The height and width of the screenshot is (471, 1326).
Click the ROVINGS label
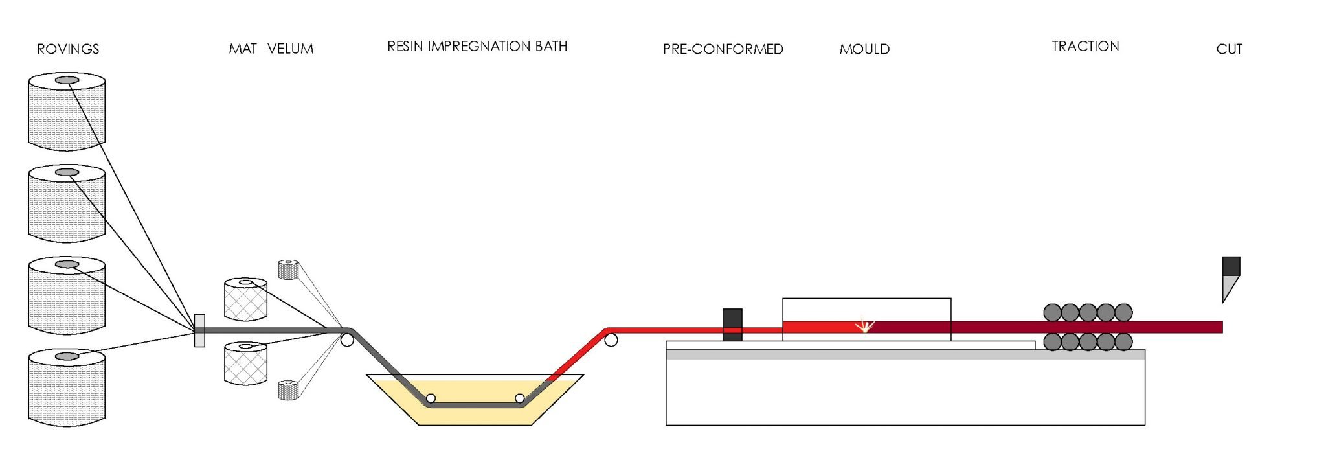(68, 49)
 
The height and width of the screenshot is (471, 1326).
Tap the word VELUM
(290, 49)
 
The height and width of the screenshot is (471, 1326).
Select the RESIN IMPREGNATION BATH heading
(477, 47)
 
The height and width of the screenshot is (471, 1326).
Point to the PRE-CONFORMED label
(723, 49)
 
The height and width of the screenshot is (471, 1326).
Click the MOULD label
(864, 49)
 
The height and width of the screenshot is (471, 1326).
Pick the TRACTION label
(1085, 47)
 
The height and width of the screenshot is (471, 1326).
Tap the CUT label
(1229, 49)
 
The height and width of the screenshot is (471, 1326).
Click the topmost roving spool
(67, 113)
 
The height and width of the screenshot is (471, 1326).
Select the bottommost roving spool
(67, 389)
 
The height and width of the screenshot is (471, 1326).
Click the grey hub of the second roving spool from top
(67, 172)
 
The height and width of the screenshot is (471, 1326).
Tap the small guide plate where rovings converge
(199, 330)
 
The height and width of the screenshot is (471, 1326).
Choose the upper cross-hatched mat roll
(245, 300)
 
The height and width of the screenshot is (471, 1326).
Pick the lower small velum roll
(288, 390)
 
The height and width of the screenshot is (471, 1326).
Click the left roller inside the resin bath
(431, 398)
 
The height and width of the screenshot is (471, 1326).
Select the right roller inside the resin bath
(519, 398)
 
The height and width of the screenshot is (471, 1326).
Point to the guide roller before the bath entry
(347, 340)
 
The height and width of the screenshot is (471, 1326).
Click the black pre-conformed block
(732, 325)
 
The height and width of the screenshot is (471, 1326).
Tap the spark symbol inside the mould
(864, 325)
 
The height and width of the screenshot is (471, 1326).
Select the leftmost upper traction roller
(1053, 313)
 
